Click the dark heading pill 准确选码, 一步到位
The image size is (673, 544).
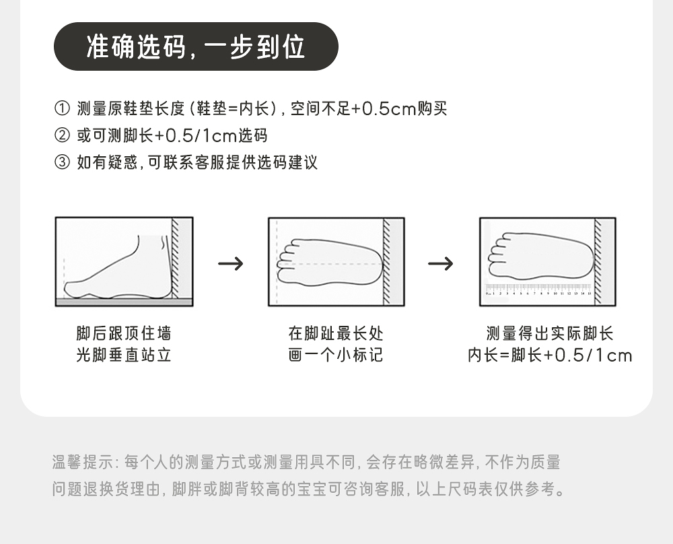[195, 46]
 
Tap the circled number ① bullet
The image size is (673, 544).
[61, 108]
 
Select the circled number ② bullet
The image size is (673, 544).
[61, 135]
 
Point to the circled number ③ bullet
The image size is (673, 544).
[61, 162]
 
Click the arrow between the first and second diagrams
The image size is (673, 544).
[231, 263]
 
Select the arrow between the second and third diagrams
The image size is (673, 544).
[441, 263]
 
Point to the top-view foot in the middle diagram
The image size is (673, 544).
[330, 263]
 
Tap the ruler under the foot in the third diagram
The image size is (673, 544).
[539, 290]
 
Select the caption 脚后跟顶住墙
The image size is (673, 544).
[124, 333]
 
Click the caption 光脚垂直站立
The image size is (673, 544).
[124, 355]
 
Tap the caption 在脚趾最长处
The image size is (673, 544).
[336, 333]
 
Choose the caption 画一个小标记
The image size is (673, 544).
[336, 355]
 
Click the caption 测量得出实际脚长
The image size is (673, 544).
[550, 333]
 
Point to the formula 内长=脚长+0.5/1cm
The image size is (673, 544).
[550, 355]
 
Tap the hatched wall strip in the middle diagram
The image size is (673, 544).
[387, 261]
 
